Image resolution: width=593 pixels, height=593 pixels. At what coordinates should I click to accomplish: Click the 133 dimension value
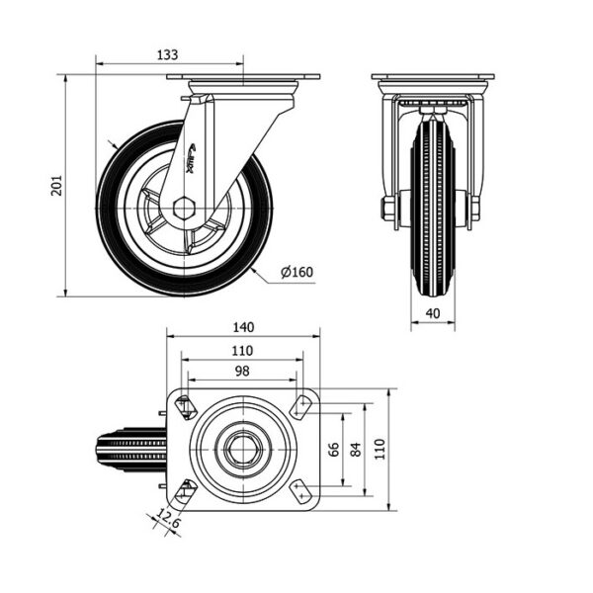167,54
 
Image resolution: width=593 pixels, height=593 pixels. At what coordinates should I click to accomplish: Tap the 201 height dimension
56,186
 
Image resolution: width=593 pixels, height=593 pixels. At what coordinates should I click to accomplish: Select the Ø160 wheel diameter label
296,272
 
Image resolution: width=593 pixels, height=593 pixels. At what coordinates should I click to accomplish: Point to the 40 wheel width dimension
433,313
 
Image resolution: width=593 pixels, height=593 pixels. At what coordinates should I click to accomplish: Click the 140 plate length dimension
243,327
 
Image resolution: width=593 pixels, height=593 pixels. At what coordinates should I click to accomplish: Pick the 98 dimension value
242,371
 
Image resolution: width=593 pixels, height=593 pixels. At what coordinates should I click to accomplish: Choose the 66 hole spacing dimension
334,450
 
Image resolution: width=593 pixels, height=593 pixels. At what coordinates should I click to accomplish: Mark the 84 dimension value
356,450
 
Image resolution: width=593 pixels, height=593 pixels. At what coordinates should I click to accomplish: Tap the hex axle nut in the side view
184,208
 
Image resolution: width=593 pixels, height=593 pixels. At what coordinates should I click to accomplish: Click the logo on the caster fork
190,158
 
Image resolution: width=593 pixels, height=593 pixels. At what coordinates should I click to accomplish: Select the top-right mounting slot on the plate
300,406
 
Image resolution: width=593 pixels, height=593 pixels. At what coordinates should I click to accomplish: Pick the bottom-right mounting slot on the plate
300,491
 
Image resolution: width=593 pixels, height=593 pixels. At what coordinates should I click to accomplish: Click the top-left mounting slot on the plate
186,407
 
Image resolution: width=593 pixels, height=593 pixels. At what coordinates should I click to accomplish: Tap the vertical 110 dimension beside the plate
380,450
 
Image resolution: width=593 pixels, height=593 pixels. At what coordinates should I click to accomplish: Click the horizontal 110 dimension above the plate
242,351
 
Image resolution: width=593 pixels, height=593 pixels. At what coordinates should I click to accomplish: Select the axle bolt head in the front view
387,208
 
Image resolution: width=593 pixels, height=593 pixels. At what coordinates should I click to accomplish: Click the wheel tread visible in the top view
130,450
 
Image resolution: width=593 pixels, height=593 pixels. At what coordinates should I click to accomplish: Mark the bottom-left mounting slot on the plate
186,490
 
